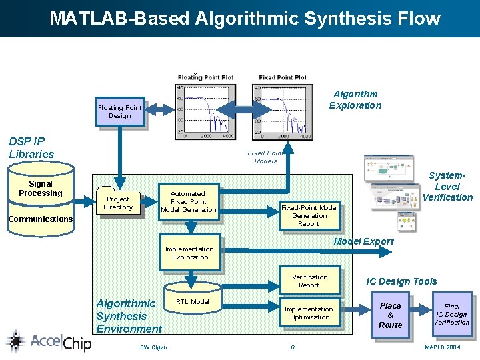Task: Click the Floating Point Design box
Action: (x=120, y=111)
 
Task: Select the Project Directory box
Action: (x=118, y=203)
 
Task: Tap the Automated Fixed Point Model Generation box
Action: (x=189, y=201)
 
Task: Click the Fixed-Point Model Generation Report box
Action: (x=309, y=215)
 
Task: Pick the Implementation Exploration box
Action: (x=190, y=253)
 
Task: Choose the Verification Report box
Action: (x=309, y=281)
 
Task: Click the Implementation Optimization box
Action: (x=309, y=313)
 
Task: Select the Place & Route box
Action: (x=390, y=315)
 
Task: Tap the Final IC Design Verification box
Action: (x=451, y=314)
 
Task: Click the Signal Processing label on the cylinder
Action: (x=41, y=188)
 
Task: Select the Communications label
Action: (x=41, y=219)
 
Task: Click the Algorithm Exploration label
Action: (x=355, y=99)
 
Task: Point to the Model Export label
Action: (x=363, y=241)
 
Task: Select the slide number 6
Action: (x=292, y=347)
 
